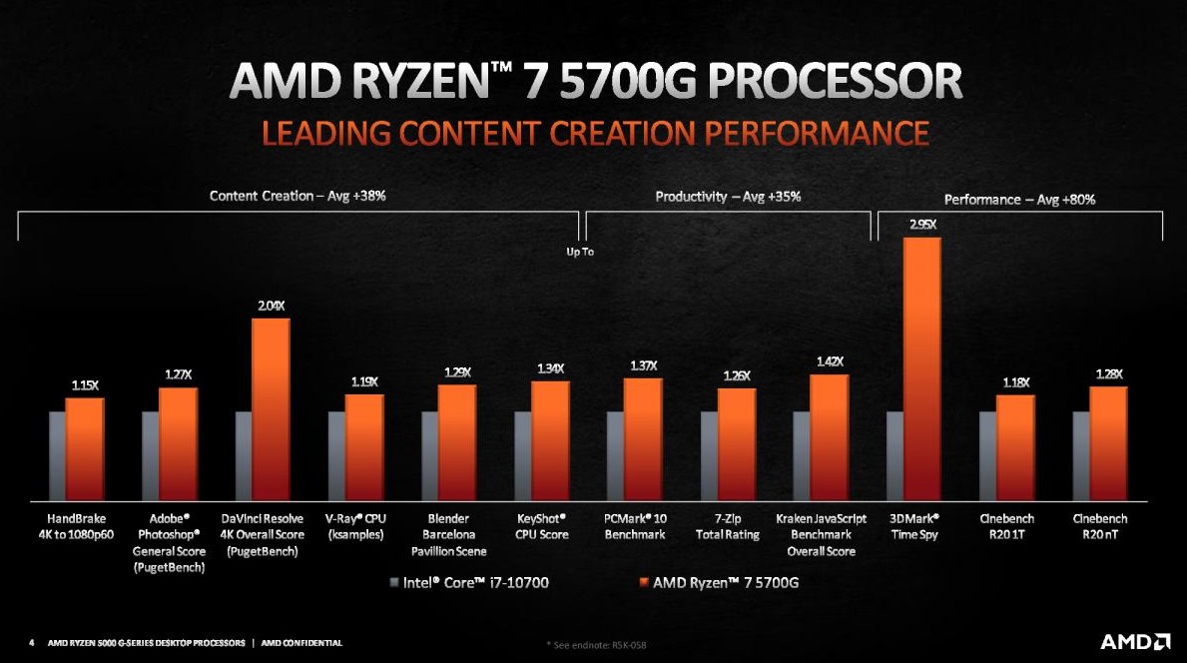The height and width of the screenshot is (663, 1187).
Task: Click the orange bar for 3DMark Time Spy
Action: click(921, 369)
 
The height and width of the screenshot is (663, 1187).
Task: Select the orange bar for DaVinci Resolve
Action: click(271, 409)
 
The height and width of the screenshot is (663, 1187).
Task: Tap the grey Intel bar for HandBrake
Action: click(57, 455)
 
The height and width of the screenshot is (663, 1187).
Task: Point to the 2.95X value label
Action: click(922, 226)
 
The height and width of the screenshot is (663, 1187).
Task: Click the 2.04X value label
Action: click(272, 306)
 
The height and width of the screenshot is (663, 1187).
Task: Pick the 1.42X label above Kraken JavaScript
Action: click(830, 361)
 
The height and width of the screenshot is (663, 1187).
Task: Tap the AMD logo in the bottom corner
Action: click(1135, 641)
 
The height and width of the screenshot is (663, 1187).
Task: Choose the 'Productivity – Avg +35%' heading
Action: click(728, 197)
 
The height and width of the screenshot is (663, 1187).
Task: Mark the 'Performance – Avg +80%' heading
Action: click(1019, 200)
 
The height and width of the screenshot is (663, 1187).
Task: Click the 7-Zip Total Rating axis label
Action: click(727, 527)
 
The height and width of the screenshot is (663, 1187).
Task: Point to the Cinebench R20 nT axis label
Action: click(1099, 527)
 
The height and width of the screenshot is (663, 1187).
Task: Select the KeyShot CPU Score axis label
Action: click(541, 527)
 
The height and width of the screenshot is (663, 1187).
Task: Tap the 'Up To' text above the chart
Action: click(580, 252)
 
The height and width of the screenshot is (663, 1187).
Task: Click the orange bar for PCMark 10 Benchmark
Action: click(643, 439)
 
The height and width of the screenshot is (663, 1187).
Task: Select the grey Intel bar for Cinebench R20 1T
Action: click(986, 455)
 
